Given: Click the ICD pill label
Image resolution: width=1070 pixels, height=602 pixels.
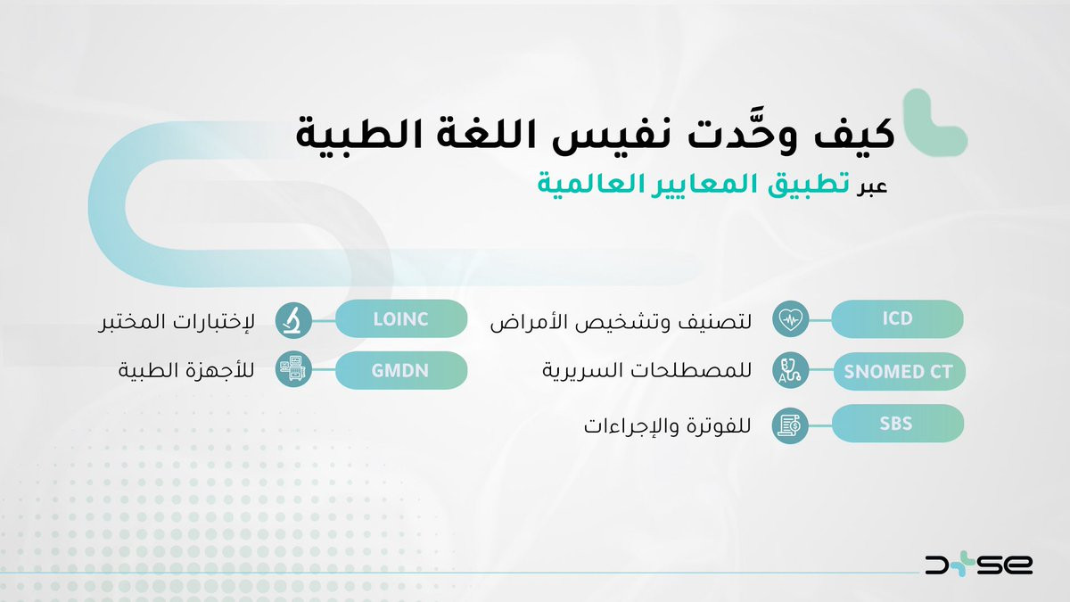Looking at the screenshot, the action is point(897,318).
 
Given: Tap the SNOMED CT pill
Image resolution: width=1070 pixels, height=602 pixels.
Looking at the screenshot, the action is point(899,372).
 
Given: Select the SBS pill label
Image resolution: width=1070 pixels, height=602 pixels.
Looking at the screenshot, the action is point(898,424).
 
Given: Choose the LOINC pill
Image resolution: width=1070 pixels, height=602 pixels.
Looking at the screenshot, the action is point(401,318).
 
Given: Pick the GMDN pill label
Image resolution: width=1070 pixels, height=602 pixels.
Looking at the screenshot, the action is point(401,370).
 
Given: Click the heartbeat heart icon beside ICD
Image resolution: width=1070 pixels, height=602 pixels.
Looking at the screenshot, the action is point(791,318).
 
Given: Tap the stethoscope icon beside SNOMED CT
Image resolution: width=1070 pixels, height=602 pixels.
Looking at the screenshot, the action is point(791,370).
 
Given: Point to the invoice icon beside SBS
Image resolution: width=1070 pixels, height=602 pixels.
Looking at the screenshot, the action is point(791,425).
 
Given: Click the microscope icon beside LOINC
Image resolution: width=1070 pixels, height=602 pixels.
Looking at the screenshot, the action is point(293,320).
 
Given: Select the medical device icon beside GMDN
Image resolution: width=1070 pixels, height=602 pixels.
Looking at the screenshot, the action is point(293,369).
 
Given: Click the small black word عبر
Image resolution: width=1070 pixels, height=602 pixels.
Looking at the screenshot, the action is point(871,187).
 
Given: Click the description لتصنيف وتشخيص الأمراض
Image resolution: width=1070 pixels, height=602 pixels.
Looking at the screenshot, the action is point(621,321).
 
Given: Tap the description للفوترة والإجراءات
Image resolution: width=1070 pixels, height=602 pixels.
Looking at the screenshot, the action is point(667,425).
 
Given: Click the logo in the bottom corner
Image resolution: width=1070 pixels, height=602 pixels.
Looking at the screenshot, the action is point(978,565).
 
